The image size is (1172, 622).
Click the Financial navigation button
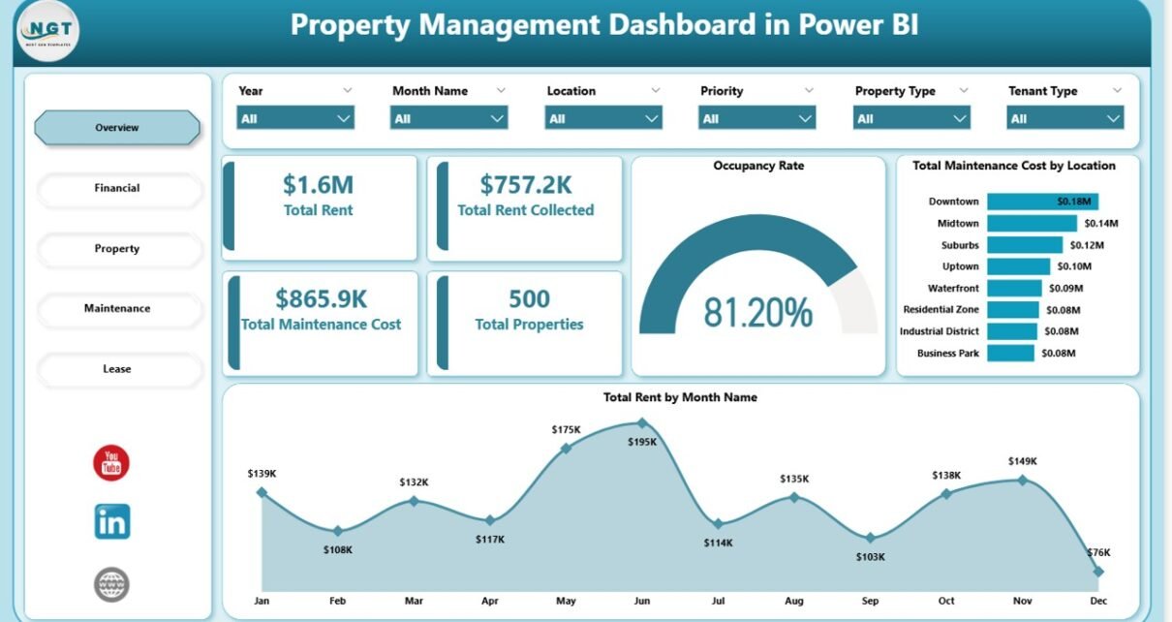coord(117,188)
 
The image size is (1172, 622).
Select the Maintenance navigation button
coord(117,308)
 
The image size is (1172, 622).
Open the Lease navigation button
coord(117,369)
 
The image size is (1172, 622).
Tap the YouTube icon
coord(111,462)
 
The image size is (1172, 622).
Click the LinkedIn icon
coord(112,522)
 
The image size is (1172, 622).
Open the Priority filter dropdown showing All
coord(756,118)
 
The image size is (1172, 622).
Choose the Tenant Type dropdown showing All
coord(1064,118)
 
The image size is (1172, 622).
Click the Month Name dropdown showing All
coord(448,118)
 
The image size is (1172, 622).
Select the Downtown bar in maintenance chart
coord(1042,202)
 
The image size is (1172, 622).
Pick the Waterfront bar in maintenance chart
coord(1014,288)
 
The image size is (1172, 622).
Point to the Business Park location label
coord(947,354)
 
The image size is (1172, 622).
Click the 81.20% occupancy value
coord(757,312)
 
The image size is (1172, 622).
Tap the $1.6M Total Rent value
coord(318,184)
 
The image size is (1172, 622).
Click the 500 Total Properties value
coord(529,298)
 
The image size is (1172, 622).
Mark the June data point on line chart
coord(641,422)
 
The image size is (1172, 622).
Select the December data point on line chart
coord(1097,572)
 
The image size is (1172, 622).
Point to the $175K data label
coord(566,429)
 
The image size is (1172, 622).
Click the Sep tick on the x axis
coord(870,602)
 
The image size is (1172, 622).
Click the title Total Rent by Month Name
coord(680,397)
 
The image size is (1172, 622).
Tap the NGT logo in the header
coord(48,32)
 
